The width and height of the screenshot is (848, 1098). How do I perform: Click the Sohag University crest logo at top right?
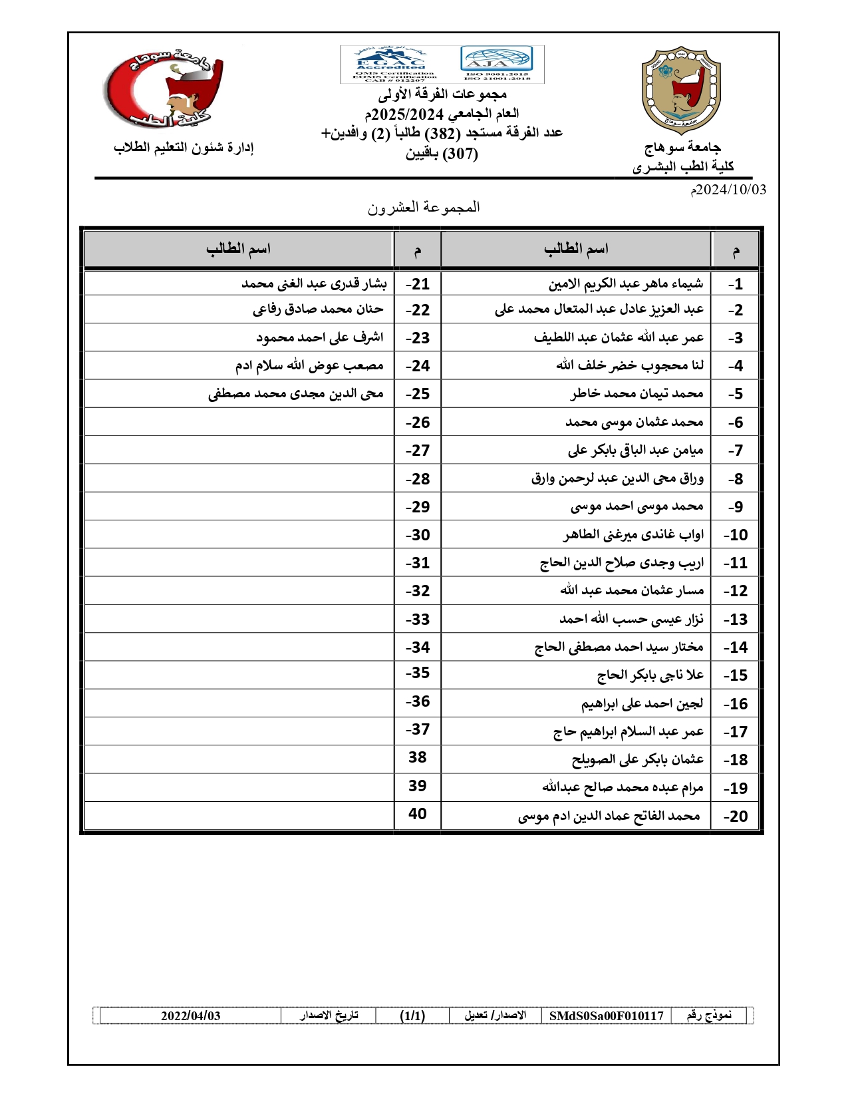click(680, 90)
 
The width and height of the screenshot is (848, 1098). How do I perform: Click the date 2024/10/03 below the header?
click(728, 190)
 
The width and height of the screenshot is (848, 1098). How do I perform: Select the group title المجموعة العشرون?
click(424, 208)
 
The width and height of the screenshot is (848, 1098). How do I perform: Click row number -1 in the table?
click(735, 284)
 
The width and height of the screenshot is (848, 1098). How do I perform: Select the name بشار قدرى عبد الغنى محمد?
click(314, 284)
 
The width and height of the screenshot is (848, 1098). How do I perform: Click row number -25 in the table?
click(418, 394)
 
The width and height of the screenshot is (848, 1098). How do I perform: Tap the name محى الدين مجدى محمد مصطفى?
click(296, 394)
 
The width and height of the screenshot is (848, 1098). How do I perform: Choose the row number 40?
click(418, 814)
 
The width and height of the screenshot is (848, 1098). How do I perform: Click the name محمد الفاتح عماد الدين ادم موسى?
click(609, 816)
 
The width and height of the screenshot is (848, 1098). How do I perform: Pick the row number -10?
click(735, 535)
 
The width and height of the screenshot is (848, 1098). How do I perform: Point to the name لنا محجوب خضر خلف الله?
click(630, 365)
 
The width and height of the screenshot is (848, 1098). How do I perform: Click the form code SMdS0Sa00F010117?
click(606, 1015)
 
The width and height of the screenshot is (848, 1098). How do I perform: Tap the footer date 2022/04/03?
click(191, 1015)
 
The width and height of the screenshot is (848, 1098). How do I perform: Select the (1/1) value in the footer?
click(412, 1015)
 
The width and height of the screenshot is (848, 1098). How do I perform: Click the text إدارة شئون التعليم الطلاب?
click(184, 148)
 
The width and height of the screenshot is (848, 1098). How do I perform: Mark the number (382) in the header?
click(440, 133)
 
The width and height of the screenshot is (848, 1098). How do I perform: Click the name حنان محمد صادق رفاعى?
click(318, 309)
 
